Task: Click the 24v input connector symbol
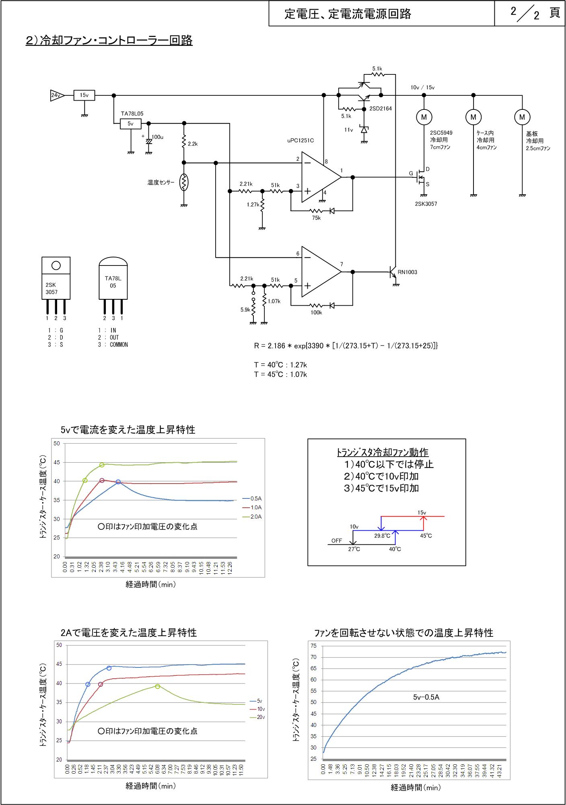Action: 57,95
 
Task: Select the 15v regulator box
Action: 84,95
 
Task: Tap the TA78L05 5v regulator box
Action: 131,124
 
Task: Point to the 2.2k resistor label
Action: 193,144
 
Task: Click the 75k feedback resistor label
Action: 317,218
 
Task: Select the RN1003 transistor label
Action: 408,272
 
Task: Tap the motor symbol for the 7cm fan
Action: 424,117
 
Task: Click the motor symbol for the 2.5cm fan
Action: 522,117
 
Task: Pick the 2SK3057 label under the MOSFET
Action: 426,204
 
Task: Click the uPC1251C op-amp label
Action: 300,140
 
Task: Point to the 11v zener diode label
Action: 348,130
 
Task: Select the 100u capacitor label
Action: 157,137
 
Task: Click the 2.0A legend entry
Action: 253,517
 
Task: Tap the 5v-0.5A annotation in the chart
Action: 426,697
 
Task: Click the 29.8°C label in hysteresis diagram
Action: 382,536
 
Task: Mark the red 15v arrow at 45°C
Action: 423,523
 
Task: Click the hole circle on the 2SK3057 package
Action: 56,266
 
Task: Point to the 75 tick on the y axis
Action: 314,646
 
